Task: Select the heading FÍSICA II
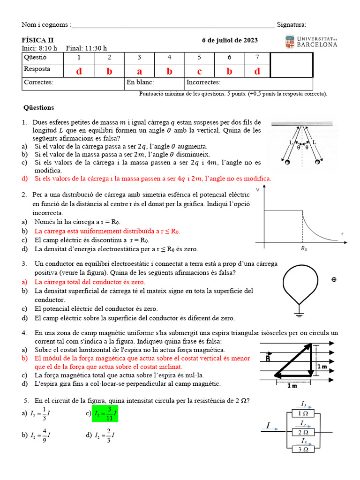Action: click(38, 40)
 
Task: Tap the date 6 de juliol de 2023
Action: click(230, 40)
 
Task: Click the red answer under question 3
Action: click(139, 71)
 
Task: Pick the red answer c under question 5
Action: click(199, 71)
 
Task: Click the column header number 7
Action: click(257, 58)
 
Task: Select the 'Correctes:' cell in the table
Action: click(39, 82)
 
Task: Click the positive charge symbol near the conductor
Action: click(334, 280)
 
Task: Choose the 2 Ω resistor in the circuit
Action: click(303, 432)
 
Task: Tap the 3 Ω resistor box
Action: click(303, 449)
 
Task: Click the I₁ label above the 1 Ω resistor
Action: click(304, 404)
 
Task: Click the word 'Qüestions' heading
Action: click(39, 108)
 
